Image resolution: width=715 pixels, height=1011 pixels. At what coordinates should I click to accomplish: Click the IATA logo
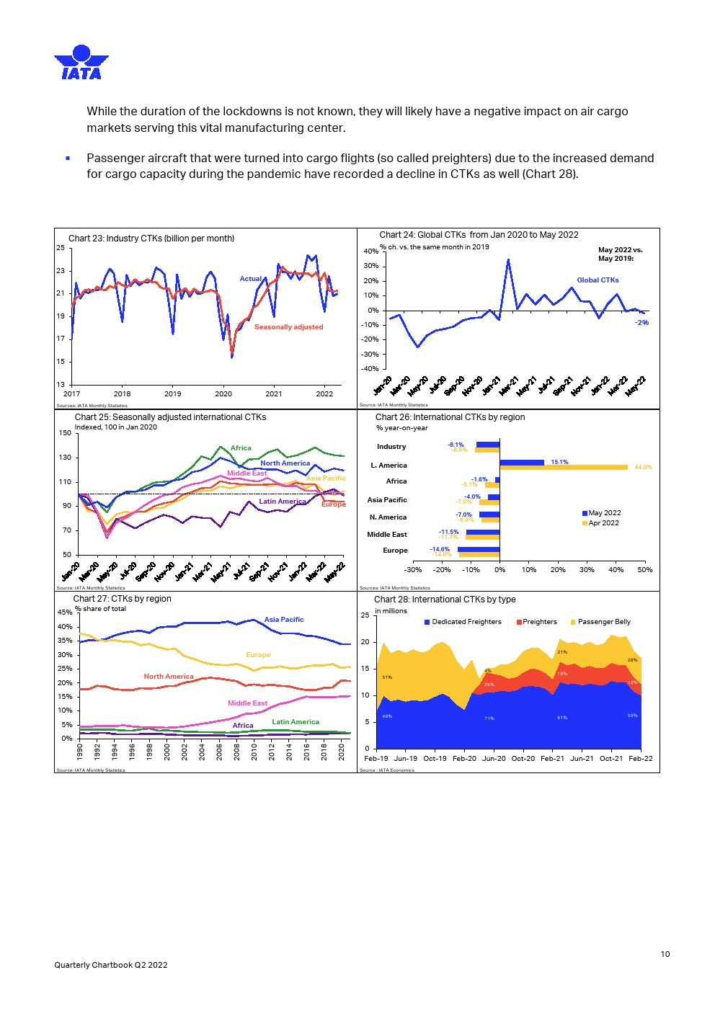pyautogui.click(x=81, y=62)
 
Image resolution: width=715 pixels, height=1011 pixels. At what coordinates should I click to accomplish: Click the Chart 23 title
pyautogui.click(x=151, y=239)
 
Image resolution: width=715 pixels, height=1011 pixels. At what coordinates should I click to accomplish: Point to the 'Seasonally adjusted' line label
pyautogui.click(x=288, y=327)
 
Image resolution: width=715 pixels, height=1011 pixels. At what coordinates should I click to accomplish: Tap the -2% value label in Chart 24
pyautogui.click(x=641, y=323)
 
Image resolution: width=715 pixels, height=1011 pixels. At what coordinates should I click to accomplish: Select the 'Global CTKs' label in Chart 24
pyautogui.click(x=598, y=280)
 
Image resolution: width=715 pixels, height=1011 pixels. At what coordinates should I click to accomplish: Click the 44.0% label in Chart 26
pyautogui.click(x=643, y=468)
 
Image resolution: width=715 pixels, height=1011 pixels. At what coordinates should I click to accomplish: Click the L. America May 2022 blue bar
pyautogui.click(x=522, y=463)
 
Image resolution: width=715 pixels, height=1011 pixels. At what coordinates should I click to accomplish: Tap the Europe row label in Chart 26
pyautogui.click(x=395, y=551)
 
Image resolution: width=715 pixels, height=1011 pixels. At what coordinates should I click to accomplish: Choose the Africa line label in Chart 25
pyautogui.click(x=241, y=448)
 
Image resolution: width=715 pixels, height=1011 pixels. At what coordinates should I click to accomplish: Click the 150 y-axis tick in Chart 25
pyautogui.click(x=65, y=433)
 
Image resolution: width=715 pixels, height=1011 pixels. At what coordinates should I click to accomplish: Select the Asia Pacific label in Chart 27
pyautogui.click(x=284, y=620)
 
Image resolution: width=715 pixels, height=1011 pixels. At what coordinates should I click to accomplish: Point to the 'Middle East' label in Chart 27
pyautogui.click(x=247, y=703)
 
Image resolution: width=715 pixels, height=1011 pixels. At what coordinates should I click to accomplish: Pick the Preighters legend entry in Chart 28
pyautogui.click(x=537, y=622)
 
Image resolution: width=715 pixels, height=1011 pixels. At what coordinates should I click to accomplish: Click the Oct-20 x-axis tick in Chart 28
pyautogui.click(x=523, y=758)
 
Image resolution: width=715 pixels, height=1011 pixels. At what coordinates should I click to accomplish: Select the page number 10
pyautogui.click(x=665, y=954)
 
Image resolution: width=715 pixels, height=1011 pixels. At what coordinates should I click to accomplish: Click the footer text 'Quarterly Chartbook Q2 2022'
pyautogui.click(x=111, y=965)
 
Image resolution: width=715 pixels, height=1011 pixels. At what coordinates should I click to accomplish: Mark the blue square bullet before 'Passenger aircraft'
pyautogui.click(x=68, y=158)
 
